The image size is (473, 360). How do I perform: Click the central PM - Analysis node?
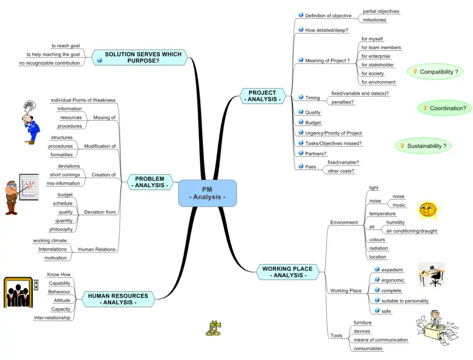point(207,193)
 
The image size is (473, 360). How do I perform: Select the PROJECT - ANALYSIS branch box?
point(262,96)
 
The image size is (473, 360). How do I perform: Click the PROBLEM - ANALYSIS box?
point(150,182)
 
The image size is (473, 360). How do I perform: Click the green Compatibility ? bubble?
point(436,72)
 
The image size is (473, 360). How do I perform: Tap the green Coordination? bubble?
point(444,108)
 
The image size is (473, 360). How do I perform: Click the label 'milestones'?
point(374,20)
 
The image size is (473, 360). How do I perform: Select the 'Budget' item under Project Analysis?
point(313,123)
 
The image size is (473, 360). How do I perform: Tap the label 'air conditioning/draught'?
point(411,231)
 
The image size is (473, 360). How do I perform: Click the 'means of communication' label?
point(380,340)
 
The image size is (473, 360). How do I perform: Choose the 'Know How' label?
point(59,274)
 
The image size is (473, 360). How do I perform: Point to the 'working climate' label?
point(50,241)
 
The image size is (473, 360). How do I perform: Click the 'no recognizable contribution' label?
point(49,63)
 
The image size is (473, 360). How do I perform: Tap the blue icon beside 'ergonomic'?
point(377,280)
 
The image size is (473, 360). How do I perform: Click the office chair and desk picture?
point(432,275)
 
